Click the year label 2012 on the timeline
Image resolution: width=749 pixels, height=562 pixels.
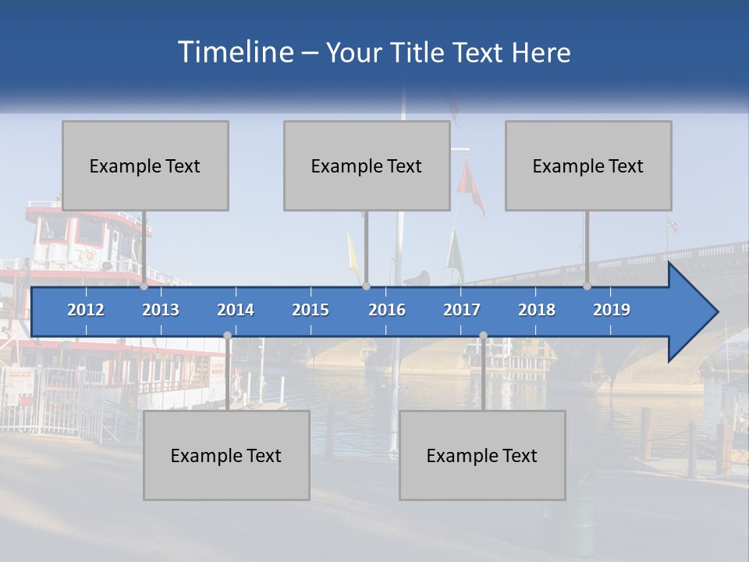(86, 310)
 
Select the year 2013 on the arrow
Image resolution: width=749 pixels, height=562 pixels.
(161, 310)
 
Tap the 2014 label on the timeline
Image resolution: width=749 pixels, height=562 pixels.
(236, 310)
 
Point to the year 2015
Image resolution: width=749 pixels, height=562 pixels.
(311, 310)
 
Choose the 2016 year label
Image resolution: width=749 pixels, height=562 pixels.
(387, 310)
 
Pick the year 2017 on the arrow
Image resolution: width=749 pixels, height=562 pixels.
(462, 310)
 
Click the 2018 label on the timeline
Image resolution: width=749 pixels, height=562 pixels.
(537, 310)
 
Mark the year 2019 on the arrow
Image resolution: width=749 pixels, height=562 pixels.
(612, 310)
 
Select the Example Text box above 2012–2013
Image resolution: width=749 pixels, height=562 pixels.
(145, 165)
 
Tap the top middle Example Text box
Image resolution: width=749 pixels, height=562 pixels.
(367, 165)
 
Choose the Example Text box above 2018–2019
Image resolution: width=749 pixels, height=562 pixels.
(588, 165)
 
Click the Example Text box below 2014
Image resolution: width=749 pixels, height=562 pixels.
(226, 455)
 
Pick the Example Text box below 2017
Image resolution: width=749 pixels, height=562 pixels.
(482, 455)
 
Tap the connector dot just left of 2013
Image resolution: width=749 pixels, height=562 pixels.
(144, 286)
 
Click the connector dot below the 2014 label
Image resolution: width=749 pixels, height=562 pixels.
(227, 336)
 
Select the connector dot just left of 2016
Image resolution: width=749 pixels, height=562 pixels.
(367, 286)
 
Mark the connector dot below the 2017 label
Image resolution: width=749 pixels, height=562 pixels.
(483, 336)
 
